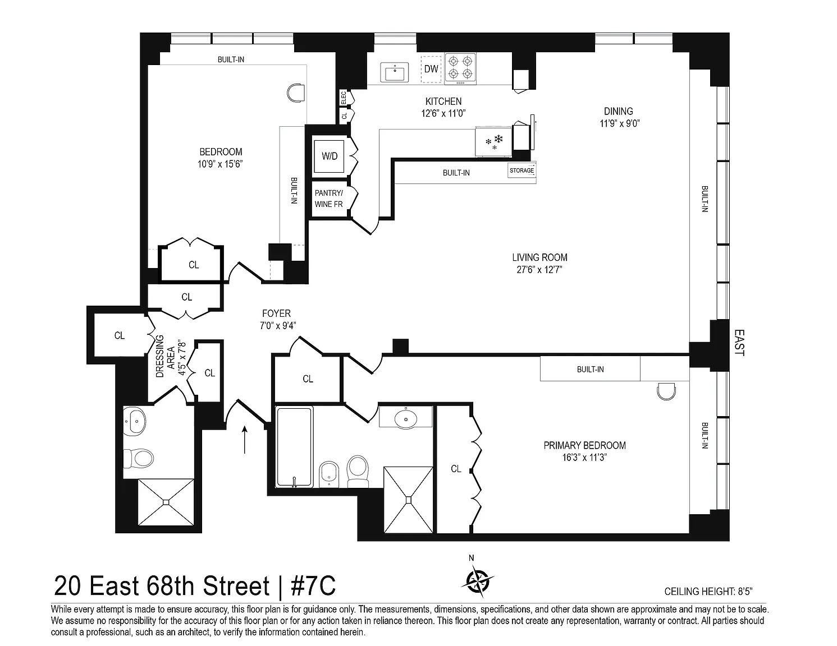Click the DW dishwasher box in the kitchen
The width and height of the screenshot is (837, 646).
[x=431, y=70]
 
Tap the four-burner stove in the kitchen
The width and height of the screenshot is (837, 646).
[x=460, y=68]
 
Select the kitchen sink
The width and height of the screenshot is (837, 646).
[x=395, y=72]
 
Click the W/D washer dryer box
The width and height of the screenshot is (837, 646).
[x=329, y=156]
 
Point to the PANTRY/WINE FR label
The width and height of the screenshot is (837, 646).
[x=328, y=199]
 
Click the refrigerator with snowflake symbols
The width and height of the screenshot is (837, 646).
[x=494, y=142]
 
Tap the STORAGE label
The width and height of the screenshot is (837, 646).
[x=522, y=170]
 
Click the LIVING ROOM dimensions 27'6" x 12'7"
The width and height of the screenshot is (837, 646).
[x=539, y=270]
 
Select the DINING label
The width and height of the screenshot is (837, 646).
[x=618, y=111]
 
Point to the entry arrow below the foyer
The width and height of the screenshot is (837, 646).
[x=245, y=440]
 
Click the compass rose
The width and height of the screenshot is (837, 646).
[x=478, y=581]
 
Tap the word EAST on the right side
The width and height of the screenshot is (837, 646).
[x=739, y=343]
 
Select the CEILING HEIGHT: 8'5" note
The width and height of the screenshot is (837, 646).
[x=708, y=592]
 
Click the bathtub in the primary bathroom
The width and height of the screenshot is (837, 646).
[x=294, y=447]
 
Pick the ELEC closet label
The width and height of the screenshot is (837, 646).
[x=344, y=98]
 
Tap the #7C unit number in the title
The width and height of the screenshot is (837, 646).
[x=313, y=586]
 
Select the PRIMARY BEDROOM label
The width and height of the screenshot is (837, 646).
[x=584, y=446]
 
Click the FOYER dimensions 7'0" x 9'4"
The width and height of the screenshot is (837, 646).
[x=278, y=326]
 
